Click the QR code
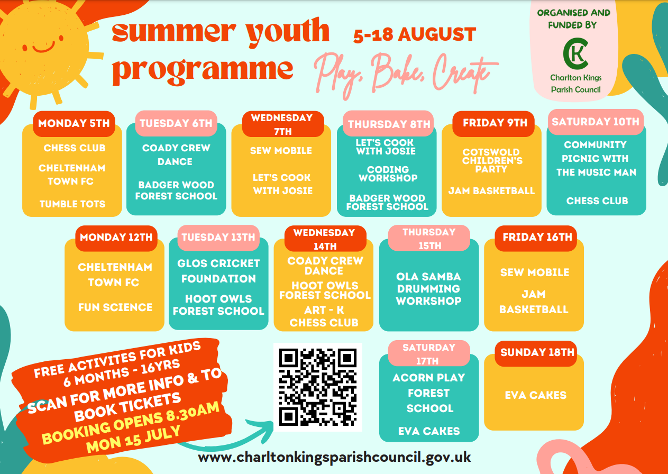tap(317, 387)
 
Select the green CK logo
tap(575, 53)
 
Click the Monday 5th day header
tap(74, 123)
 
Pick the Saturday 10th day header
tap(596, 122)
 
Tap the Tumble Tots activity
tap(72, 204)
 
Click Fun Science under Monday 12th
tap(115, 307)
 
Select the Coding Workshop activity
tap(388, 174)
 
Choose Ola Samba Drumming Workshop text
tap(428, 289)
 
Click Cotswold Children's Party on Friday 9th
tap(492, 160)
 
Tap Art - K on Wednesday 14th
tap(324, 310)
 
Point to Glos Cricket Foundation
tap(218, 271)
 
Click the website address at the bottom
tap(334, 458)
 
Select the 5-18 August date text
tap(415, 34)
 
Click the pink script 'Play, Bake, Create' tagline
tap(406, 75)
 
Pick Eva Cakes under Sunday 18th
tap(536, 395)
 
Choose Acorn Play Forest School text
tap(429, 393)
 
